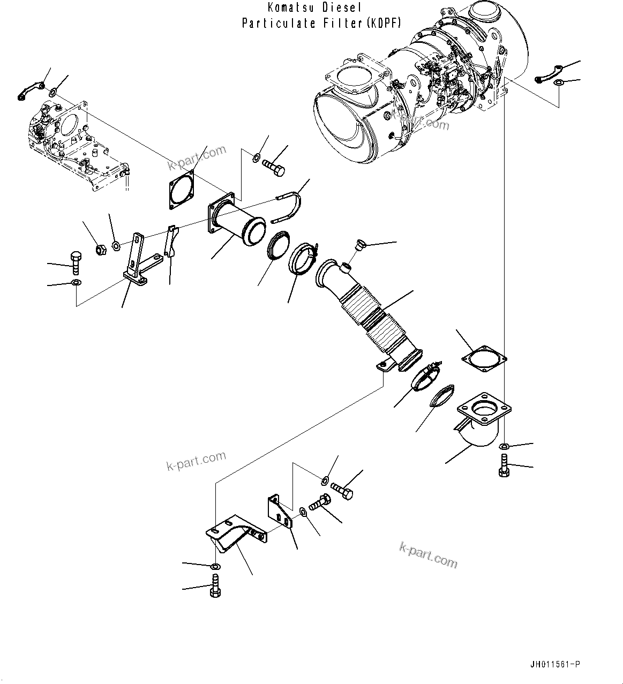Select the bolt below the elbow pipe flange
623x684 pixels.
point(503,465)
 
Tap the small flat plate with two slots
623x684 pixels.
point(281,512)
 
